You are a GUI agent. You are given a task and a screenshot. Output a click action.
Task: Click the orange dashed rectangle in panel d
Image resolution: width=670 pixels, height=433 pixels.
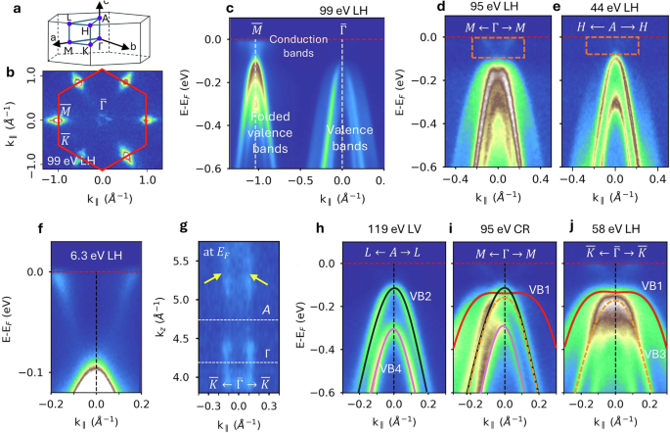coord(498,46)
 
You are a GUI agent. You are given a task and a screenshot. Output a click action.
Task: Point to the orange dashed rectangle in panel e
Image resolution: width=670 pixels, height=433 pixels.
coord(612,45)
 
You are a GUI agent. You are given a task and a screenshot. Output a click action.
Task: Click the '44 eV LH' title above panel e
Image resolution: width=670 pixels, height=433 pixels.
coord(612,9)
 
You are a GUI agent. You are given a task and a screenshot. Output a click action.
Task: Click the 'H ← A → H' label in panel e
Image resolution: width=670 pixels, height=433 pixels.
coord(613,27)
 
